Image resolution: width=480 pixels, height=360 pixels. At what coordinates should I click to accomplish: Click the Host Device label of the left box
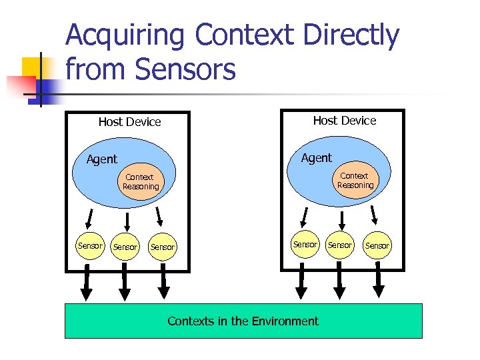click(x=129, y=122)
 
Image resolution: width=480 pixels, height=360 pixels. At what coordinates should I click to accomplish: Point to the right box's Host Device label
click(x=344, y=121)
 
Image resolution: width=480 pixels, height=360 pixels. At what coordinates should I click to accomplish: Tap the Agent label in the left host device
click(x=102, y=159)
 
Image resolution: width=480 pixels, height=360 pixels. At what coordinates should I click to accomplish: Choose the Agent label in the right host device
click(x=316, y=158)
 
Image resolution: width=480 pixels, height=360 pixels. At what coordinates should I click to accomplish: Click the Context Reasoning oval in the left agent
click(x=140, y=182)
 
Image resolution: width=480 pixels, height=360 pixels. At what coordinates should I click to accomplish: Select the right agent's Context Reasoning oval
click(x=355, y=181)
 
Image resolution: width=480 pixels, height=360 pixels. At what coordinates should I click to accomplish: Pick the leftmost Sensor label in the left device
click(x=90, y=246)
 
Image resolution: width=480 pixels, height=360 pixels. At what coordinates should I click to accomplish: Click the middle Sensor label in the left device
click(x=125, y=247)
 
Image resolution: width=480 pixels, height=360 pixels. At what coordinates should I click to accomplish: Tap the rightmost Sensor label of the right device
click(x=377, y=246)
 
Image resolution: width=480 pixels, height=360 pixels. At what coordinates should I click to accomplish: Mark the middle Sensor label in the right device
click(x=339, y=245)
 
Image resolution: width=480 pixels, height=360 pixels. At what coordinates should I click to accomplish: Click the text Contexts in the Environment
click(x=243, y=321)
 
